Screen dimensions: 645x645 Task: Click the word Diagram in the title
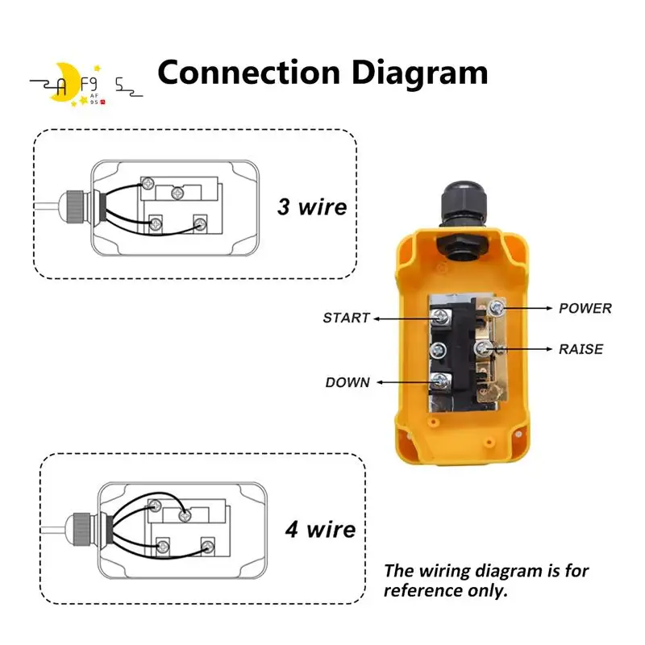[421, 73]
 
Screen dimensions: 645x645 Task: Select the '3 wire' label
[312, 206]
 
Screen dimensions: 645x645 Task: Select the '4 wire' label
[320, 530]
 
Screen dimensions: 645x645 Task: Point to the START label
[346, 318]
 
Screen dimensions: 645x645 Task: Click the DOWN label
[347, 382]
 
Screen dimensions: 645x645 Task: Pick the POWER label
[585, 308]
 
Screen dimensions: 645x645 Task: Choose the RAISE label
[580, 349]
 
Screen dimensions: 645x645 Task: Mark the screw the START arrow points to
[440, 318]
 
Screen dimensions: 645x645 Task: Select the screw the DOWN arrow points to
[440, 381]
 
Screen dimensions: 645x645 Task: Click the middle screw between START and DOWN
[440, 350]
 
